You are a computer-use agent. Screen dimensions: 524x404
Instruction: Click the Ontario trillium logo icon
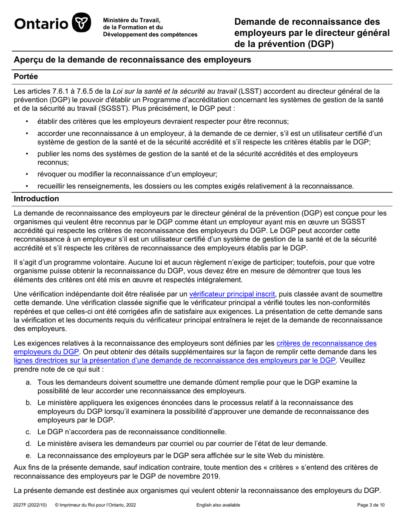point(82,23)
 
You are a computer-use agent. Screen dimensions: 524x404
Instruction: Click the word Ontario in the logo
point(41,23)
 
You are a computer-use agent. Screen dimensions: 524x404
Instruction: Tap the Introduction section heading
point(37,199)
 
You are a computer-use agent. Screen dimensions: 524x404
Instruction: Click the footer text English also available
point(218,505)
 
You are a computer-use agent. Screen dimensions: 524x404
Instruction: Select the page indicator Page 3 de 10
point(370,505)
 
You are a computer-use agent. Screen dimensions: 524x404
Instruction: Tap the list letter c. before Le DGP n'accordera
point(28,432)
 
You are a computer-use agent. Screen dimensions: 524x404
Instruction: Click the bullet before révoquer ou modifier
point(28,174)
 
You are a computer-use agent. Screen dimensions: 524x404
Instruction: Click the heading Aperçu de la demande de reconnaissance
point(132,60)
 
